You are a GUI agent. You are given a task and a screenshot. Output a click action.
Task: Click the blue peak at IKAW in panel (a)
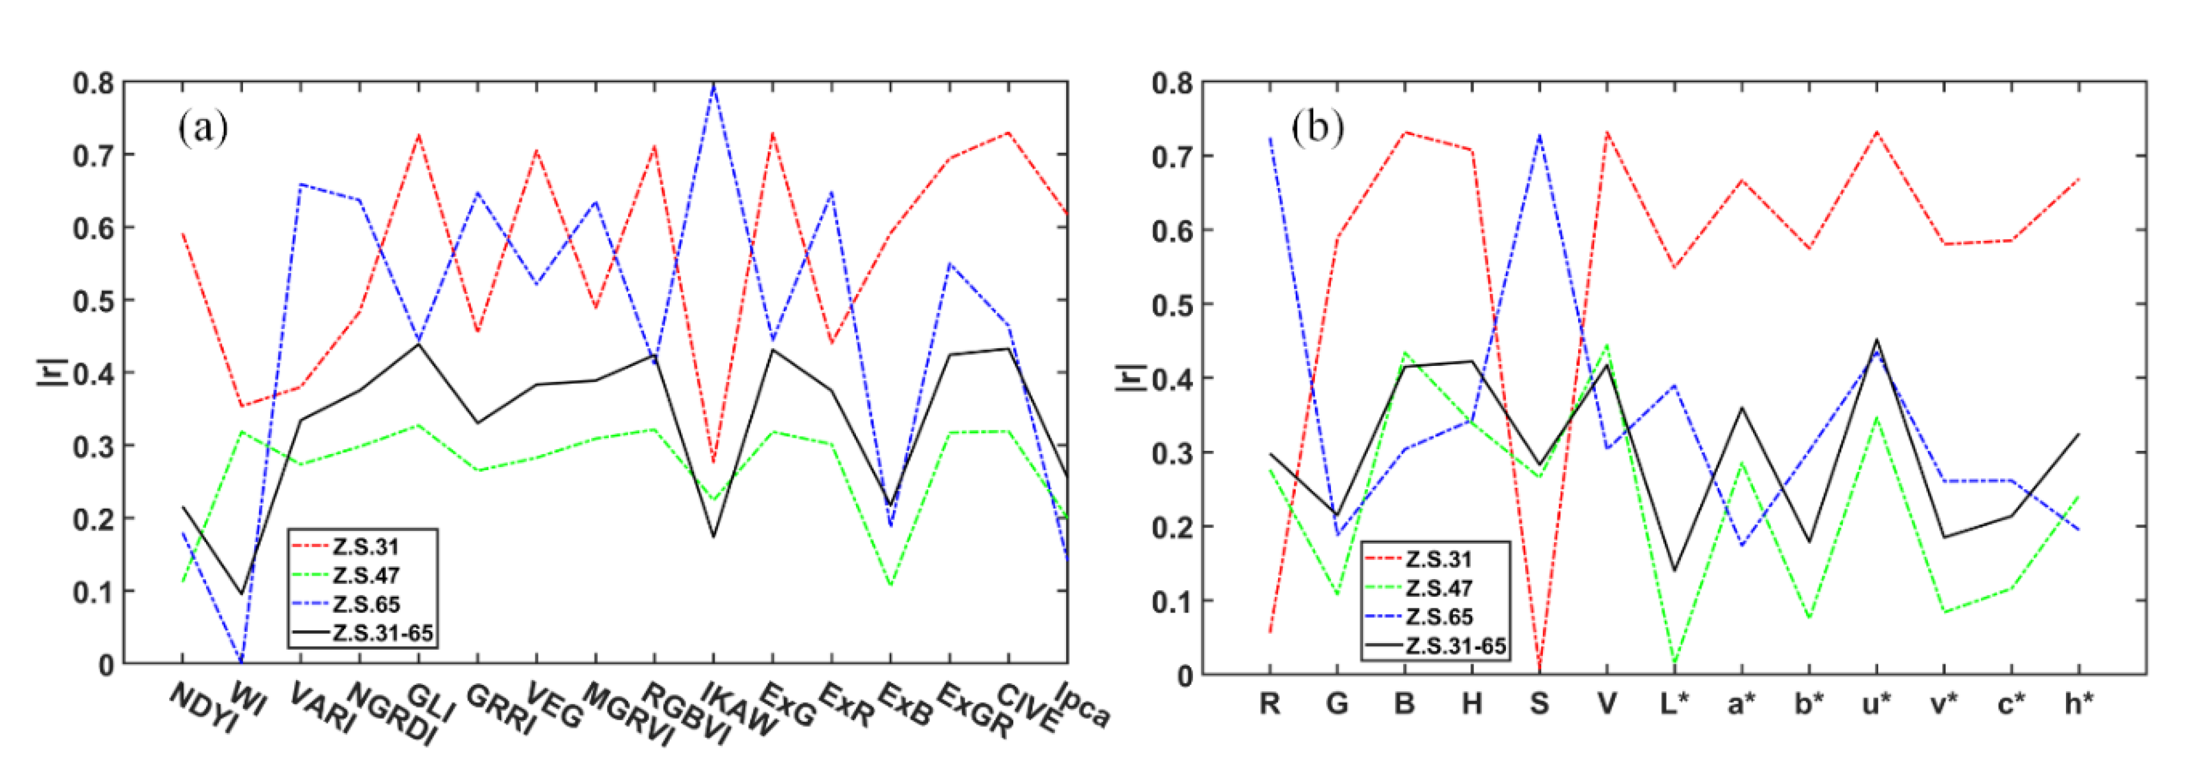click(x=713, y=84)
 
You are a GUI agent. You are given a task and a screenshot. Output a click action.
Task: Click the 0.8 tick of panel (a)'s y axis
click(x=93, y=83)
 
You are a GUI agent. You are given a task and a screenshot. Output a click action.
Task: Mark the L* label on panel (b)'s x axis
click(x=1674, y=704)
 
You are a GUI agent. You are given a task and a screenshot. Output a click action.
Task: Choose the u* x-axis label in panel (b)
click(x=1876, y=704)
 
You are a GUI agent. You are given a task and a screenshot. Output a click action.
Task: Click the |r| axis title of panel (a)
click(x=48, y=372)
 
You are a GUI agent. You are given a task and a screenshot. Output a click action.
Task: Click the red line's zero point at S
click(x=1539, y=671)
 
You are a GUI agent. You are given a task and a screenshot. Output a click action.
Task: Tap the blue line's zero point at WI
click(x=241, y=661)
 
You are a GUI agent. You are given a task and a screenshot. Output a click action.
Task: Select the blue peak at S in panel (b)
click(x=1539, y=135)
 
